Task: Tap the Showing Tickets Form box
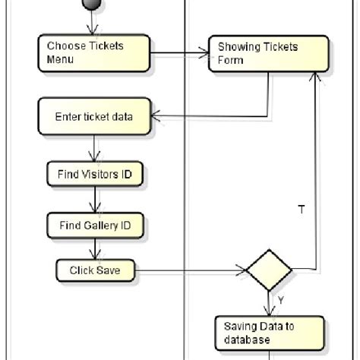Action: click(269, 52)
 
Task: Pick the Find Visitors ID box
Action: click(95, 174)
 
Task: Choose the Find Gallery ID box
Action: click(95, 226)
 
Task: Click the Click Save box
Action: click(95, 270)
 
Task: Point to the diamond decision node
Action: click(269, 269)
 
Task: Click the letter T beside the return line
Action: click(302, 210)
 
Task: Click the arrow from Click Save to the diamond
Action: click(190, 270)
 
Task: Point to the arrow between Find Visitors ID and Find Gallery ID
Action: click(95, 201)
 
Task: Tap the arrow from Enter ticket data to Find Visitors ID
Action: click(95, 147)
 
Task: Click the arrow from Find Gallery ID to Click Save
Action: click(95, 248)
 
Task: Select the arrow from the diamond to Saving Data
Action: click(269, 304)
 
